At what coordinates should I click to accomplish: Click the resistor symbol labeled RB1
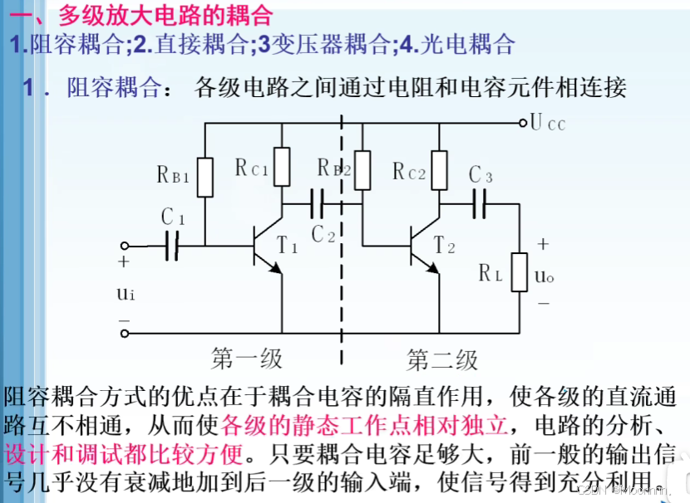click(x=205, y=176)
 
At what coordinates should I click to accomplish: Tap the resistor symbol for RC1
click(x=283, y=167)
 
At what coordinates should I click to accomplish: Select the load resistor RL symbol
click(x=520, y=271)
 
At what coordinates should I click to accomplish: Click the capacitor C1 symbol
click(x=172, y=246)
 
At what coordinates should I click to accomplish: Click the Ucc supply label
click(x=548, y=124)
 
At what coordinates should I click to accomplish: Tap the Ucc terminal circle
click(x=523, y=123)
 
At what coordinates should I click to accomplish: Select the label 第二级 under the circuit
click(x=442, y=360)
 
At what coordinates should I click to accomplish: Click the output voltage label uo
click(x=545, y=275)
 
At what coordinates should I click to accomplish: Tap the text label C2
click(x=323, y=234)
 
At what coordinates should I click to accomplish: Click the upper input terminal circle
click(x=126, y=246)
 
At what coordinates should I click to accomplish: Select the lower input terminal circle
click(x=126, y=334)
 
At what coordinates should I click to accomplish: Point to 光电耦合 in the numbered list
click(x=470, y=44)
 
